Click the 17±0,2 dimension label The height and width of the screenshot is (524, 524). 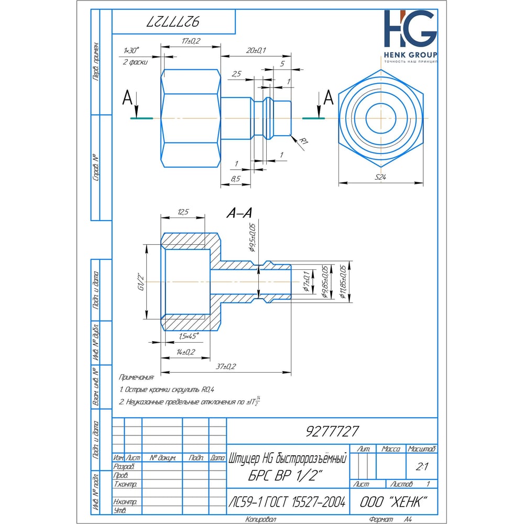[191, 41]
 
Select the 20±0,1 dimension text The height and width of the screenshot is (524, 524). [256, 50]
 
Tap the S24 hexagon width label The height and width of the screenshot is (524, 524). [380, 177]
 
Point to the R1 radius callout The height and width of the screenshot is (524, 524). [303, 140]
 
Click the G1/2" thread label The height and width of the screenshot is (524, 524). [141, 281]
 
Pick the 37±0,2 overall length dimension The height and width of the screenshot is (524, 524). [225, 367]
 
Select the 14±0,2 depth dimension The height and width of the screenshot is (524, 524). [185, 352]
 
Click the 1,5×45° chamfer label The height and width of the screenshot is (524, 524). [189, 336]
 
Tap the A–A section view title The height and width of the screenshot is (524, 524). [239, 213]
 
